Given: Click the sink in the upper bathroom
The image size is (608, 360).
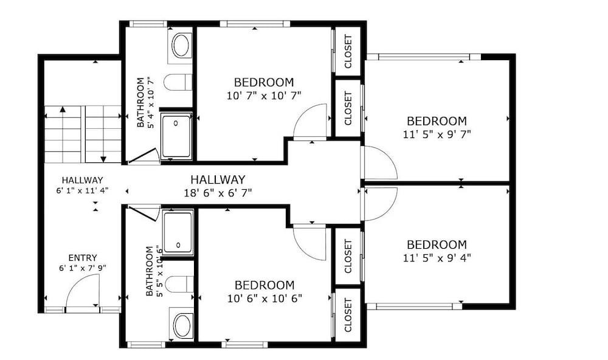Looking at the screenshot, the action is (181, 46).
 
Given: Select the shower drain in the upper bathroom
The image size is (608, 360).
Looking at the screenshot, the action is (176, 123).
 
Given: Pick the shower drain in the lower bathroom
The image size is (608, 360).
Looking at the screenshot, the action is (178, 245).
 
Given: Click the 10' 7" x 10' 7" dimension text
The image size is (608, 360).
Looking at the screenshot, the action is (264, 95).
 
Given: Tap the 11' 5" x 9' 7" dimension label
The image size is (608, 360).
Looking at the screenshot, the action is (437, 134).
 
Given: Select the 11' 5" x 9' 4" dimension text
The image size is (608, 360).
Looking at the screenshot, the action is (437, 258).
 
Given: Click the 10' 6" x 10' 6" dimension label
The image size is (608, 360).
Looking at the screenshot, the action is (265, 299).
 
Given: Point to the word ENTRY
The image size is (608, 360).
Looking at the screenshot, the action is (83, 258).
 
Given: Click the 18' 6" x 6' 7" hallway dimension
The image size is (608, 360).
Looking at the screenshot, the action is (218, 192).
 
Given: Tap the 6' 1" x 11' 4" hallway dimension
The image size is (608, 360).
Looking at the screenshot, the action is (83, 190).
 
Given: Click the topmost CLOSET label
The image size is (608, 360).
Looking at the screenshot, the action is (348, 51).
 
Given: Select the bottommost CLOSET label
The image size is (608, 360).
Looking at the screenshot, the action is (348, 315).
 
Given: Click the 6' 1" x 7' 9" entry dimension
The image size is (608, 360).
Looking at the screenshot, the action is (83, 268).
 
